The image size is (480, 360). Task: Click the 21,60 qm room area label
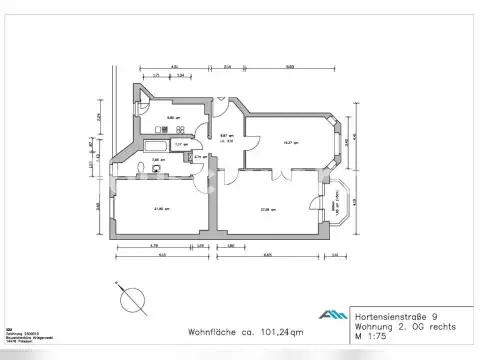point(159,209)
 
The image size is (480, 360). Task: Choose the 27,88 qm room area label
point(267,209)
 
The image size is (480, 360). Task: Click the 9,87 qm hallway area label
point(227,137)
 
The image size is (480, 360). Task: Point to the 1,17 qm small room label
point(179,144)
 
